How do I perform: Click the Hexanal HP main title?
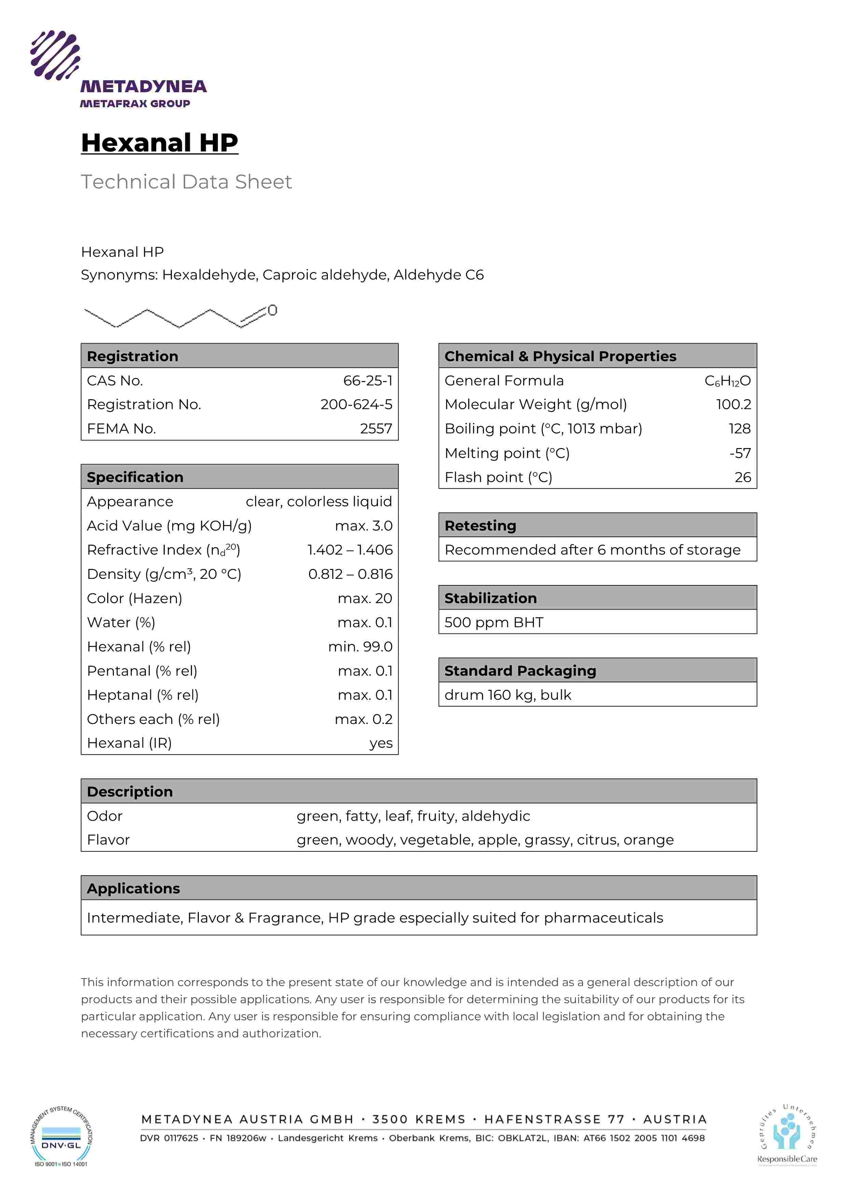pyautogui.click(x=160, y=142)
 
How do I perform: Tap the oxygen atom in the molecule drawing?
pyautogui.click(x=273, y=310)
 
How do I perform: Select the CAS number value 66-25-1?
pyautogui.click(x=367, y=381)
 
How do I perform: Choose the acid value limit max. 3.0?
pyautogui.click(x=364, y=526)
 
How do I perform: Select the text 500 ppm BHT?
pyautogui.click(x=494, y=623)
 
